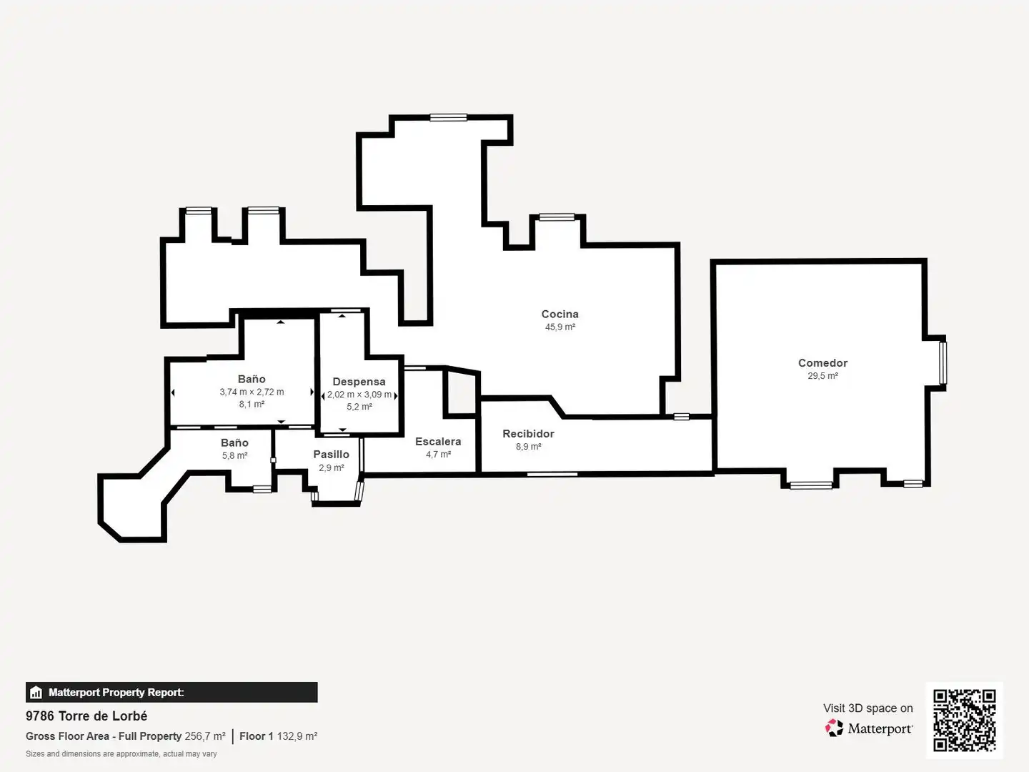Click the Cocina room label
tap(560, 314)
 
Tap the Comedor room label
tap(822, 363)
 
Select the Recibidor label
tap(528, 434)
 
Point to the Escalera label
tap(438, 441)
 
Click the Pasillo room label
tap(331, 454)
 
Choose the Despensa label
tap(359, 382)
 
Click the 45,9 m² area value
tap(560, 327)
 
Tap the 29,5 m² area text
tap(822, 375)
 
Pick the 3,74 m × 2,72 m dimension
tap(252, 392)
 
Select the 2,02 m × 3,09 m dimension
tap(359, 394)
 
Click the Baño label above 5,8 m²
tap(234, 442)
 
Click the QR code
tap(964, 720)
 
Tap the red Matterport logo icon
tap(834, 728)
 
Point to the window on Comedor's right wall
tap(943, 363)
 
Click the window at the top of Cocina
tap(448, 117)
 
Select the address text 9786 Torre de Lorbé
tap(86, 716)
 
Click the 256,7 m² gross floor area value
tap(205, 736)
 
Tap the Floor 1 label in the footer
tap(257, 736)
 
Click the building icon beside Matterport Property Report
tap(36, 693)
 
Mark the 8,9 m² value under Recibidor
tap(528, 446)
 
